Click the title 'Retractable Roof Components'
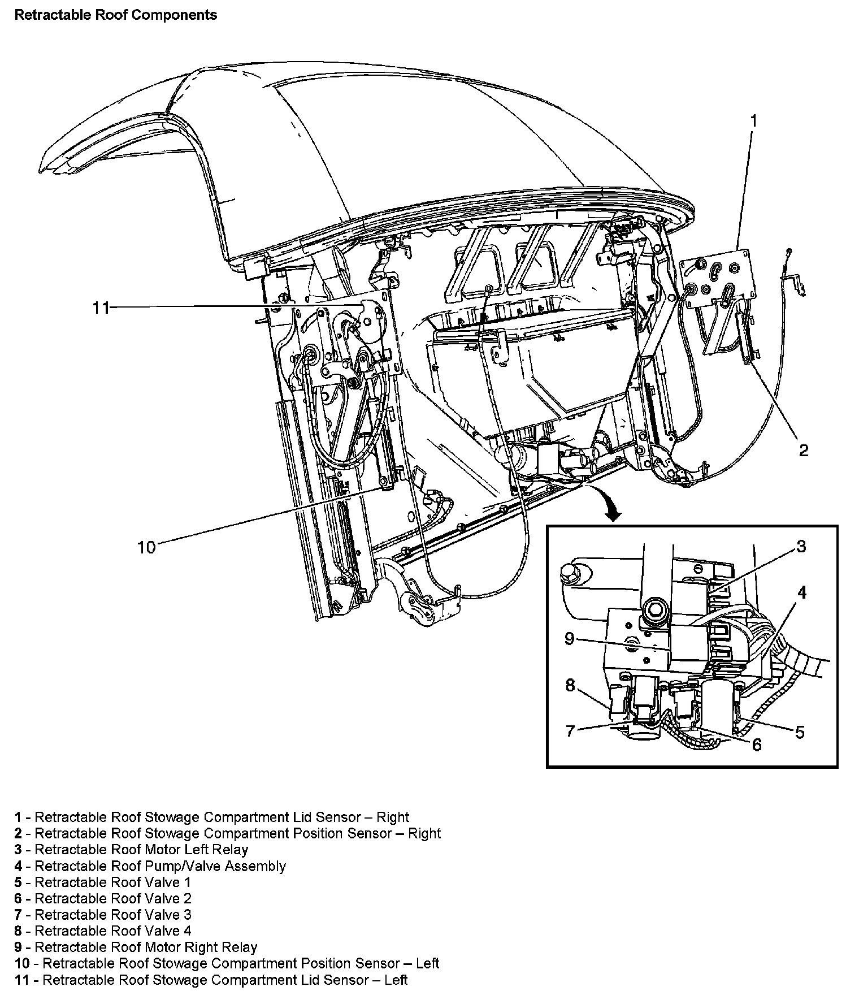115,15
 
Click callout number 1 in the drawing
753,120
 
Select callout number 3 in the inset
801,546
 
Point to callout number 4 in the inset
802,592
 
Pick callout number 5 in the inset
800,732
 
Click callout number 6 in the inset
757,745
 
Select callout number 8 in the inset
570,639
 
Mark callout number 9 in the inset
146,547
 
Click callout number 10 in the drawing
101,308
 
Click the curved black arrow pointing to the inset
150,866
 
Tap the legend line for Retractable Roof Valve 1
131,850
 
